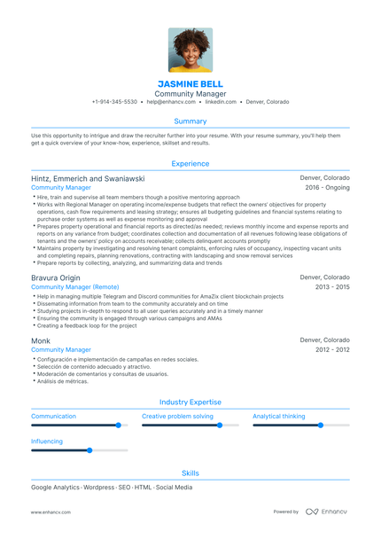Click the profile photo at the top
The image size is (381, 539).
[x=190, y=51]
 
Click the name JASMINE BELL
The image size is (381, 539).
[x=190, y=82]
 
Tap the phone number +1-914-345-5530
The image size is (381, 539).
[x=114, y=102]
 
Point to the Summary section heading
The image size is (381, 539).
[x=190, y=121]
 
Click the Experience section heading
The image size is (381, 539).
[x=190, y=164]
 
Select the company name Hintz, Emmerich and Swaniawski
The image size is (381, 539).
[x=88, y=178]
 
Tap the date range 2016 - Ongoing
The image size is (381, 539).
[x=327, y=188]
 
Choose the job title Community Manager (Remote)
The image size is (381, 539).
[x=74, y=287]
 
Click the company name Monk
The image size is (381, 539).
[x=41, y=340]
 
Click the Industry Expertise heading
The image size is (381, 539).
[x=190, y=402]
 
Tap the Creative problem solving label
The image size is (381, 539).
[x=177, y=416]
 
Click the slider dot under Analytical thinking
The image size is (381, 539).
[x=321, y=426]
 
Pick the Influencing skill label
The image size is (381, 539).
[x=47, y=441]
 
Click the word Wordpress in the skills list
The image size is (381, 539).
[x=99, y=488]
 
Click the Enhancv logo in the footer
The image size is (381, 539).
[x=327, y=512]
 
